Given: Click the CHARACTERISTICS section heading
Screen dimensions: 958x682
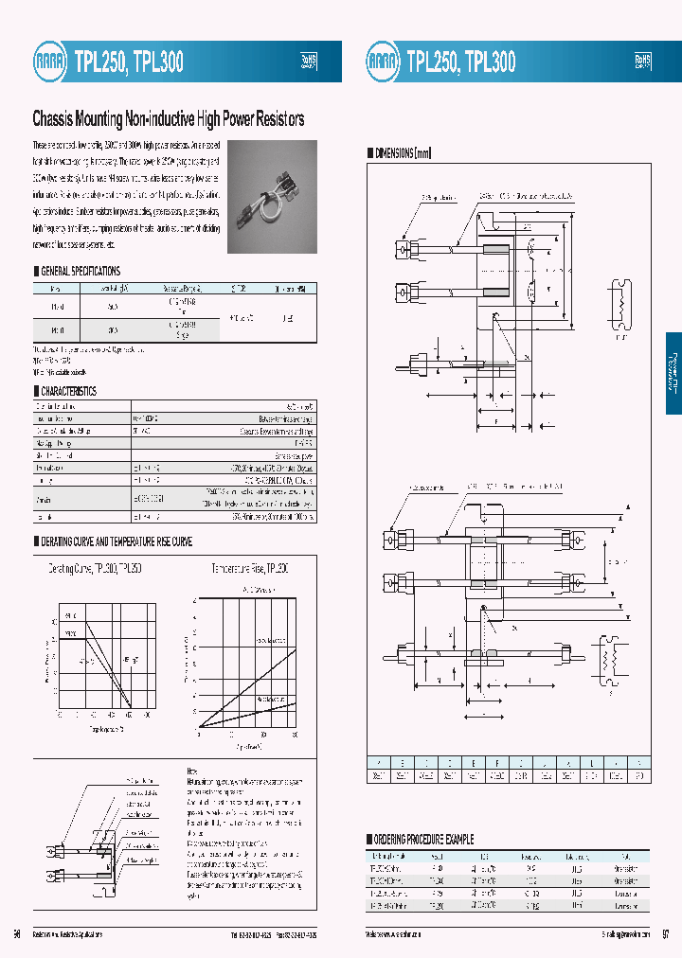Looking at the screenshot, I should pyautogui.click(x=67, y=391).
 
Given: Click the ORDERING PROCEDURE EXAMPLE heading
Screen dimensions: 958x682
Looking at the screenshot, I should pyautogui.click(x=425, y=839).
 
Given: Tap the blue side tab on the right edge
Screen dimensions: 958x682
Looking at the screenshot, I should pyautogui.click(x=673, y=373).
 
